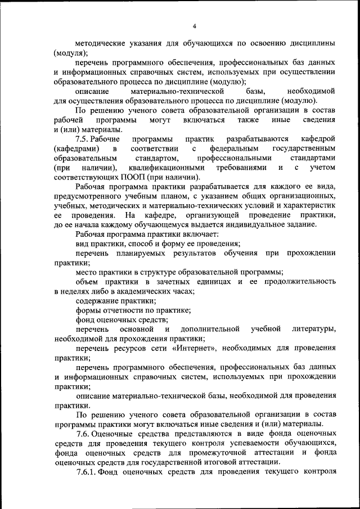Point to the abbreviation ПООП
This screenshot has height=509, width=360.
[118, 177]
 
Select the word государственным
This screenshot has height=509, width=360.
[304, 148]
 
